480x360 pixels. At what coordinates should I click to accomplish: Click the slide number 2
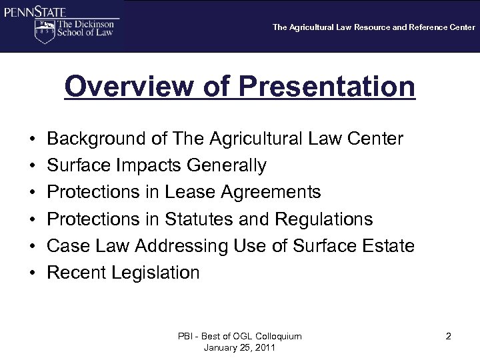(x=449, y=337)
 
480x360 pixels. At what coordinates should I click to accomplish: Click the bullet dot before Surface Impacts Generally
(x=32, y=166)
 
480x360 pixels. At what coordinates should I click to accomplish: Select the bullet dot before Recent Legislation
(x=32, y=273)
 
